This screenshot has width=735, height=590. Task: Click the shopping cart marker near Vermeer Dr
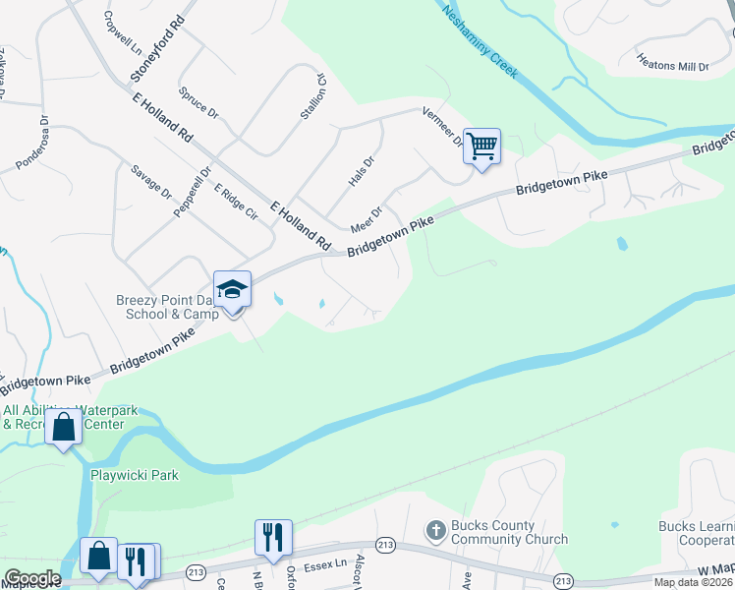coord(481,147)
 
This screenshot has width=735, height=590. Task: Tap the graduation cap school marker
coord(233,289)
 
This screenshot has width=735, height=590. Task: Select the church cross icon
coord(437,531)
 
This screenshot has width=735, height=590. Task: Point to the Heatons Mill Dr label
coord(673,65)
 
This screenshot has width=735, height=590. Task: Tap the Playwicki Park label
coord(135,475)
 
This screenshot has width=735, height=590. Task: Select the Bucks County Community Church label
coord(509,532)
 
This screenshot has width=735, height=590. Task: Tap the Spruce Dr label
coord(198,101)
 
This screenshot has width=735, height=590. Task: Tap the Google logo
coord(32,578)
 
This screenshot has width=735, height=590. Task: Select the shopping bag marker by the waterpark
coord(64,428)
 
